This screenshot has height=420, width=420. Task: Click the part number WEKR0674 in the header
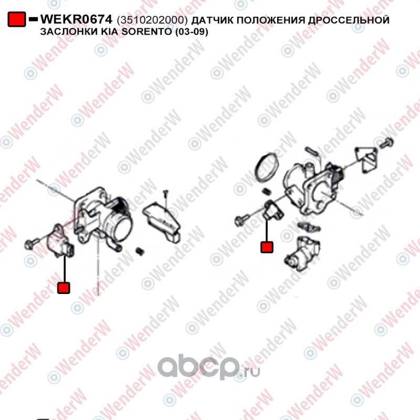(x=76, y=19)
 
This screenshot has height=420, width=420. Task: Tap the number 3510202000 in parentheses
(x=152, y=20)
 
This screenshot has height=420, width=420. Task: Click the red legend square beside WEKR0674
(x=17, y=19)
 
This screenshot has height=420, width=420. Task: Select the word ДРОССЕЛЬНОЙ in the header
(x=349, y=20)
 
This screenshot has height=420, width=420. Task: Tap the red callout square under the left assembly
(x=64, y=288)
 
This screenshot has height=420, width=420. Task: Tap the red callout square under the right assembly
(x=267, y=247)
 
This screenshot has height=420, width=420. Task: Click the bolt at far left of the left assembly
(x=31, y=243)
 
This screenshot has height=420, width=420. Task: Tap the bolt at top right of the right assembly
(x=386, y=142)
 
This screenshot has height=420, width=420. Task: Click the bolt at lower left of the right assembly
(x=242, y=220)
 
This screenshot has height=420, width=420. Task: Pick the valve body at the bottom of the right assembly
(x=302, y=253)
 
